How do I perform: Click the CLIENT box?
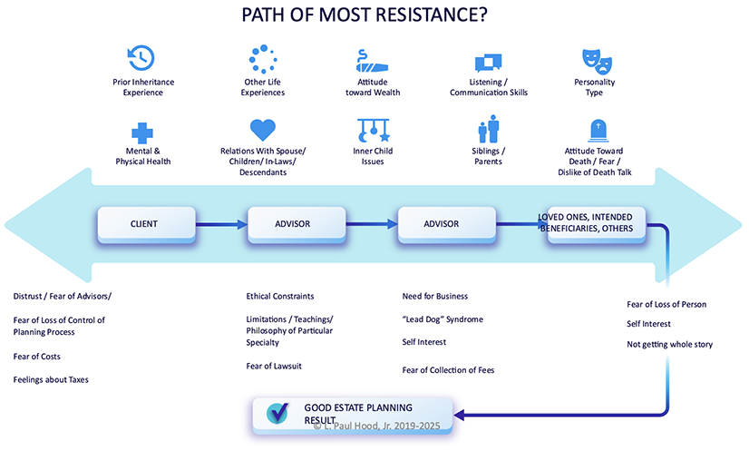(147, 224)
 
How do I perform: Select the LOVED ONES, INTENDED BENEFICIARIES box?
(596, 224)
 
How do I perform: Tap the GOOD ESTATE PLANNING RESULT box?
(352, 415)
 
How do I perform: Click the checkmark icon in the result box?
(277, 413)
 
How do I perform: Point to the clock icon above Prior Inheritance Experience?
(141, 58)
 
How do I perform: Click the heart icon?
(263, 130)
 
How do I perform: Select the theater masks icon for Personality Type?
(597, 62)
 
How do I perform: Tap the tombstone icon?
(598, 131)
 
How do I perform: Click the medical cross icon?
(141, 133)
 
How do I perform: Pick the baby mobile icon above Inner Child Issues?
(373, 130)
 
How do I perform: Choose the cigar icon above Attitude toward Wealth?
(372, 61)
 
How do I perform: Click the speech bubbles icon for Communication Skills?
(488, 63)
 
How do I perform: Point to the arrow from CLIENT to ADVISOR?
(221, 224)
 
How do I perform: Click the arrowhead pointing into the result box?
(459, 415)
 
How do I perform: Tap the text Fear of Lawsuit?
(274, 367)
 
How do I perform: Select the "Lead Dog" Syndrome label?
(443, 319)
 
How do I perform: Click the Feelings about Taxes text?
(51, 379)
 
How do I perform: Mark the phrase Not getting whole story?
(670, 344)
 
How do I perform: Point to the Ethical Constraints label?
(280, 296)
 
